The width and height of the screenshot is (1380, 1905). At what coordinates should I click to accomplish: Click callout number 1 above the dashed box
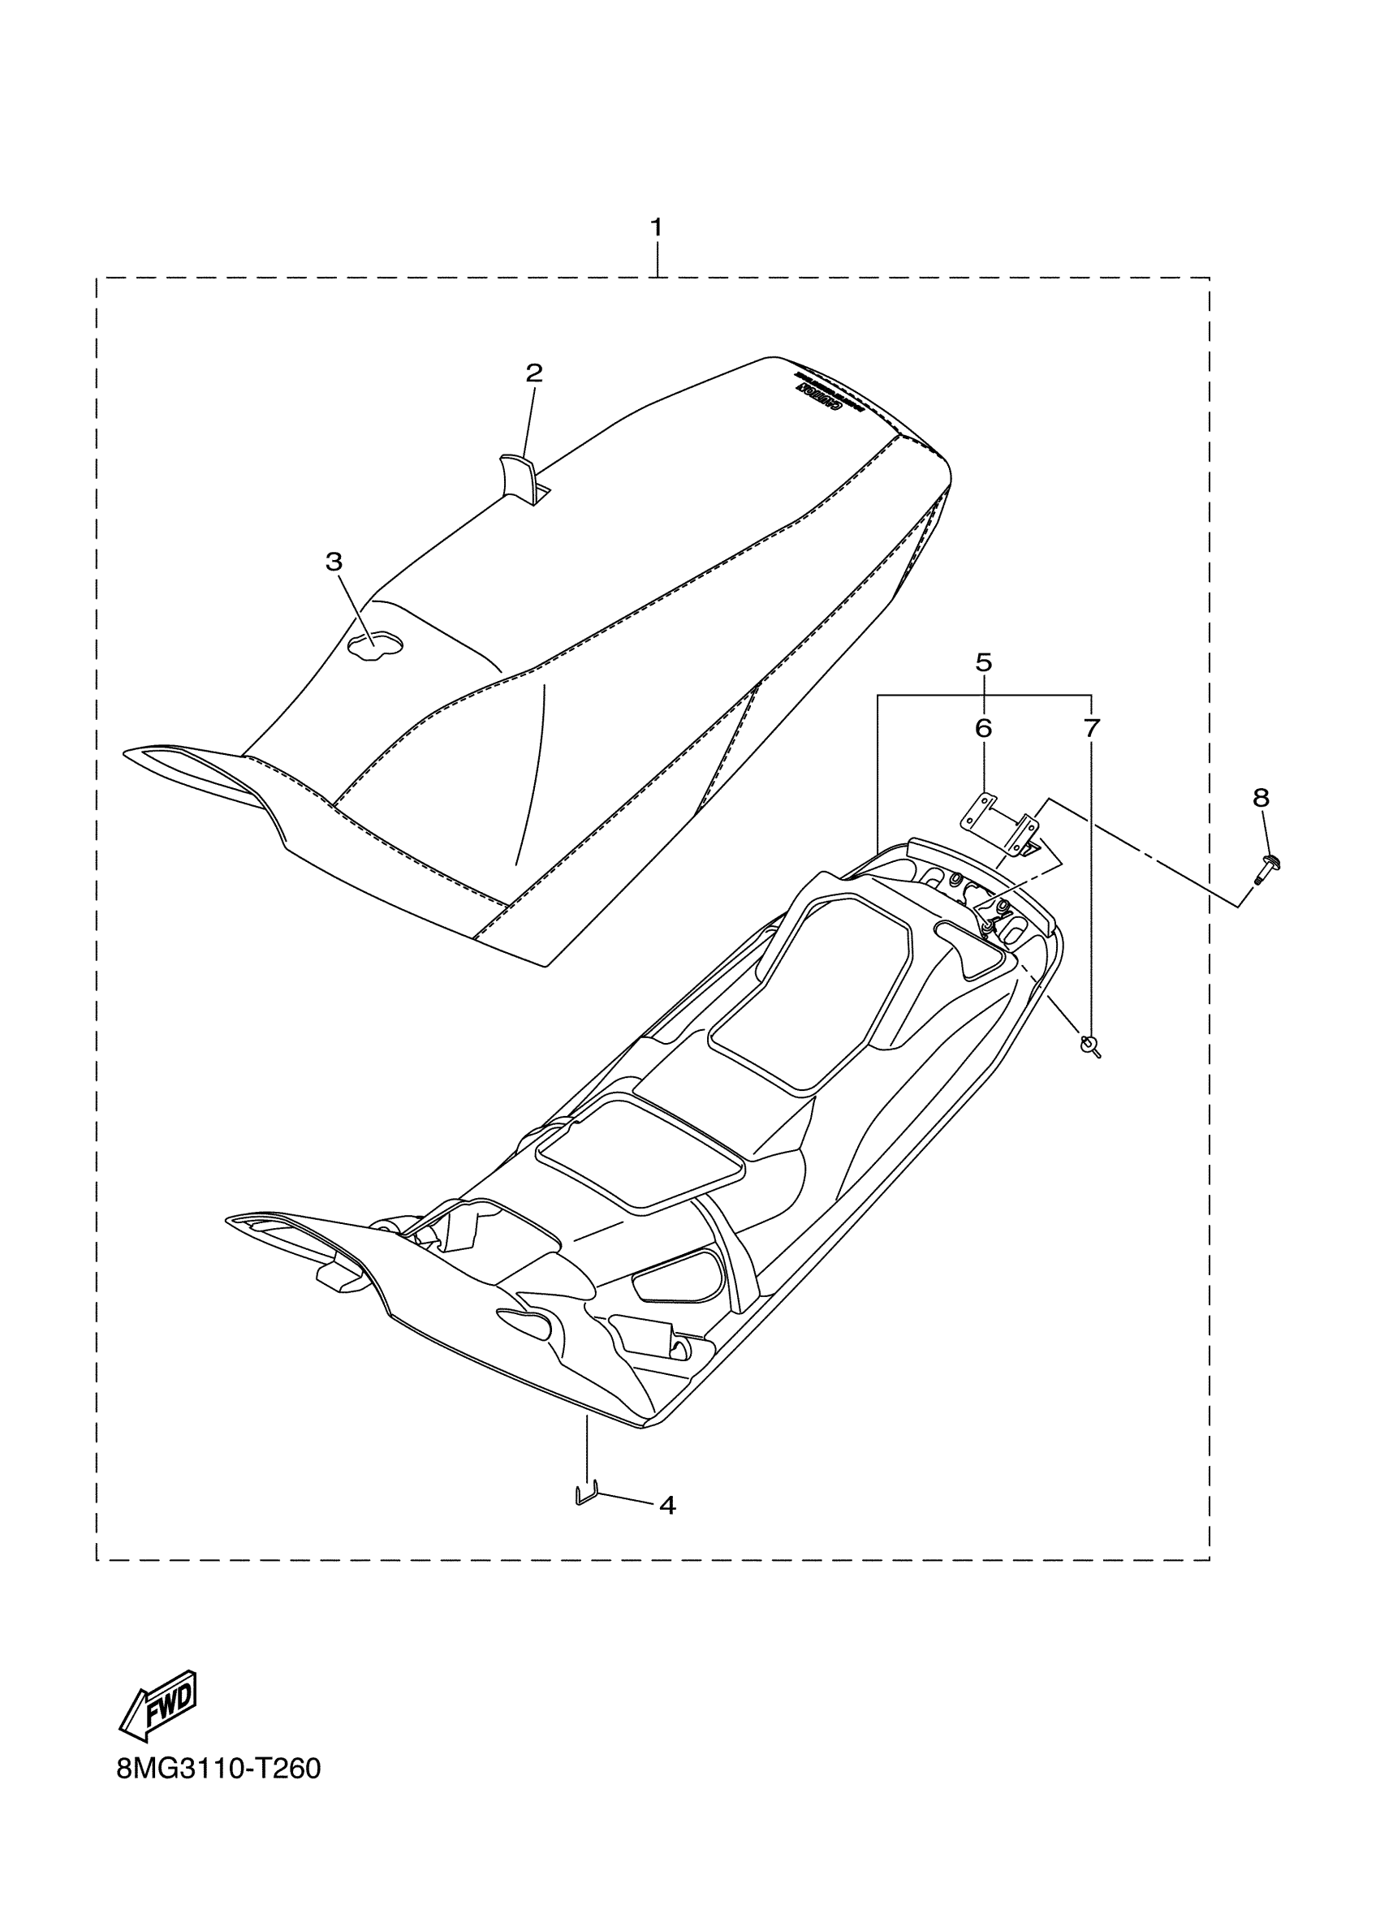point(656,226)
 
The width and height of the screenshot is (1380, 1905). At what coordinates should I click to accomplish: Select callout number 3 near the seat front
point(334,562)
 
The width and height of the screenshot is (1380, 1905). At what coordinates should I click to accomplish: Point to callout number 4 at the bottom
point(667,1505)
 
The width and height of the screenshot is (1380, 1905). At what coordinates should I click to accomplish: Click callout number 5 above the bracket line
point(984,662)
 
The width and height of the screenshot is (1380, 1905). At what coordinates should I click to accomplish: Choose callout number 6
point(984,728)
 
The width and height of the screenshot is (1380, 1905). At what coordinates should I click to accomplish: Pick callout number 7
point(1090,728)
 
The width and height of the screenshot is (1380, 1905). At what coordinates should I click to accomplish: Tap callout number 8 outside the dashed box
point(1261,798)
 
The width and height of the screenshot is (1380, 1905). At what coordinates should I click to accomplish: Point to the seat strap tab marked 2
point(517,477)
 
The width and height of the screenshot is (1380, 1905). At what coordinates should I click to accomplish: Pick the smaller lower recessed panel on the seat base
point(640,1158)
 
